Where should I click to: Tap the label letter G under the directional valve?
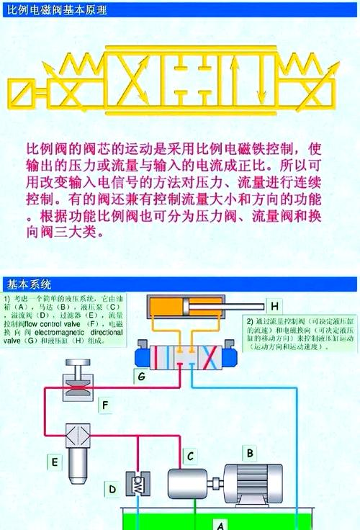(141, 375)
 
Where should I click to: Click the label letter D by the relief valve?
(112, 490)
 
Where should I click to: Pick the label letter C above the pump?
(189, 455)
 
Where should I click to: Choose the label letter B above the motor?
(250, 453)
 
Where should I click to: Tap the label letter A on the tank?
(222, 524)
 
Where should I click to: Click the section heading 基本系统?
(25, 282)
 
